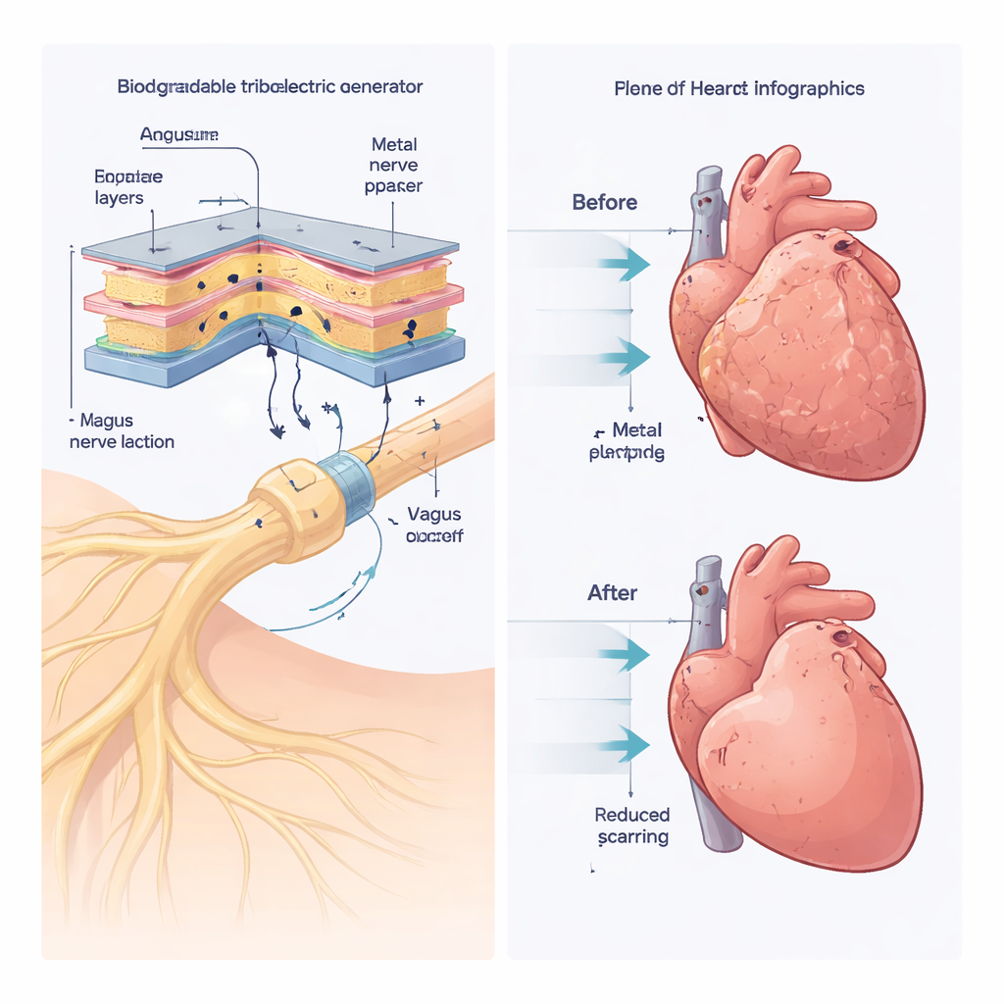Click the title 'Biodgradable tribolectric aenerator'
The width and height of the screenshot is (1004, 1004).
pyautogui.click(x=270, y=86)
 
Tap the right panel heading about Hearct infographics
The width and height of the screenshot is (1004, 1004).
pyautogui.click(x=738, y=88)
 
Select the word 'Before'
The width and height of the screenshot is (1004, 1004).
pyautogui.click(x=604, y=203)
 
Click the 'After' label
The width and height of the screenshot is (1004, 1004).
pyautogui.click(x=612, y=592)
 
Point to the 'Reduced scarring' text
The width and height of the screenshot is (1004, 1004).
pyautogui.click(x=632, y=826)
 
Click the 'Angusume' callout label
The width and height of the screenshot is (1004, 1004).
pyautogui.click(x=178, y=136)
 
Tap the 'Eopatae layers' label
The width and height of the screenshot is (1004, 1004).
pyautogui.click(x=128, y=187)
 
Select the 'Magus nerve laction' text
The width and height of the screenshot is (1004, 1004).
pyautogui.click(x=122, y=431)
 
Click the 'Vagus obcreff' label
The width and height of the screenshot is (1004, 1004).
pyautogui.click(x=433, y=526)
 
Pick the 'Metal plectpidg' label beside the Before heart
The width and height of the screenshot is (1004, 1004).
pyautogui.click(x=627, y=441)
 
